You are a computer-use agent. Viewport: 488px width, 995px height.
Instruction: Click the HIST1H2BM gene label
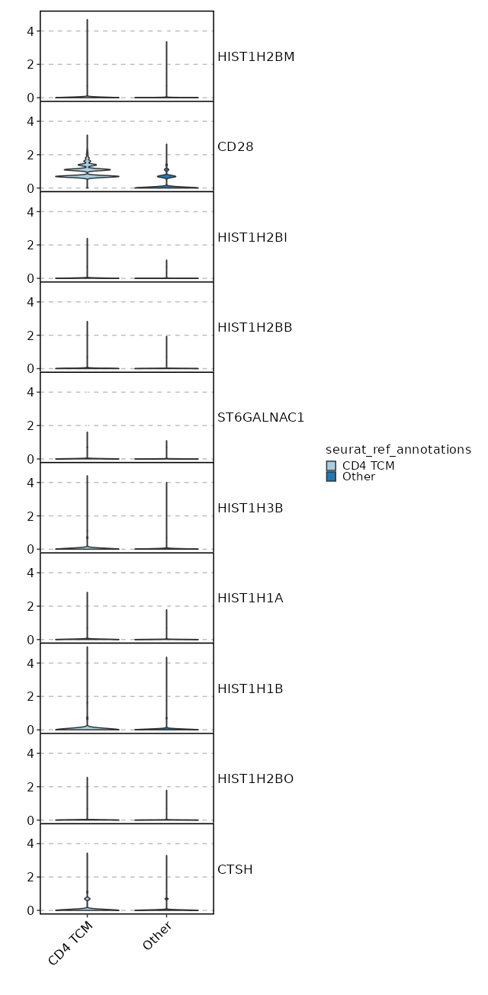click(x=255, y=56)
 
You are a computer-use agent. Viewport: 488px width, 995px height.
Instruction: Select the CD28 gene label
click(x=235, y=146)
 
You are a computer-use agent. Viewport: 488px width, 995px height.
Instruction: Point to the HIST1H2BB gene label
click(x=255, y=327)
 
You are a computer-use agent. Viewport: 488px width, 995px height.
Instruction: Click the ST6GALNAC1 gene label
click(x=261, y=417)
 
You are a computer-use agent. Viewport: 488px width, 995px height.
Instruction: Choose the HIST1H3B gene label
click(x=250, y=508)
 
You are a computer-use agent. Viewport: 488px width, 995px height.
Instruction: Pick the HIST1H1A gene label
click(x=250, y=598)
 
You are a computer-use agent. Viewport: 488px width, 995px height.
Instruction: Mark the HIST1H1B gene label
click(x=250, y=688)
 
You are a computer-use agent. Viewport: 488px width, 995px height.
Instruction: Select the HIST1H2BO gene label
click(x=255, y=778)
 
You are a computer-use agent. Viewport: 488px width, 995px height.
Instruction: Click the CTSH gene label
click(x=235, y=869)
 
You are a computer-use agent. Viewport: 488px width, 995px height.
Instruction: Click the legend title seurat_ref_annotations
click(x=398, y=450)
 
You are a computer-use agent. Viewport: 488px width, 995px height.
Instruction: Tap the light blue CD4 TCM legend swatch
click(x=331, y=466)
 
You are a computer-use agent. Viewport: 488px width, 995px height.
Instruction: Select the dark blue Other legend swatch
click(x=331, y=477)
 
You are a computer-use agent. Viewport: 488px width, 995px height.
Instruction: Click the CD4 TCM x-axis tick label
click(x=71, y=943)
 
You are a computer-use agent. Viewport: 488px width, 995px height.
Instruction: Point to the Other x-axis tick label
click(x=157, y=936)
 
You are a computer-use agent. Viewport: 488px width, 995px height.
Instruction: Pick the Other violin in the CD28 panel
click(x=166, y=176)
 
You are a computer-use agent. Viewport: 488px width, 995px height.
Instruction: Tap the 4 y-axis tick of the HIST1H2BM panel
click(x=30, y=31)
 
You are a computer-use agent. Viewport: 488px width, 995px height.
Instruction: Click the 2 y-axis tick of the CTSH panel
click(x=30, y=877)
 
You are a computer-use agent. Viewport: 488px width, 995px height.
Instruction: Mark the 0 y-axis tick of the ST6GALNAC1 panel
click(x=30, y=459)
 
